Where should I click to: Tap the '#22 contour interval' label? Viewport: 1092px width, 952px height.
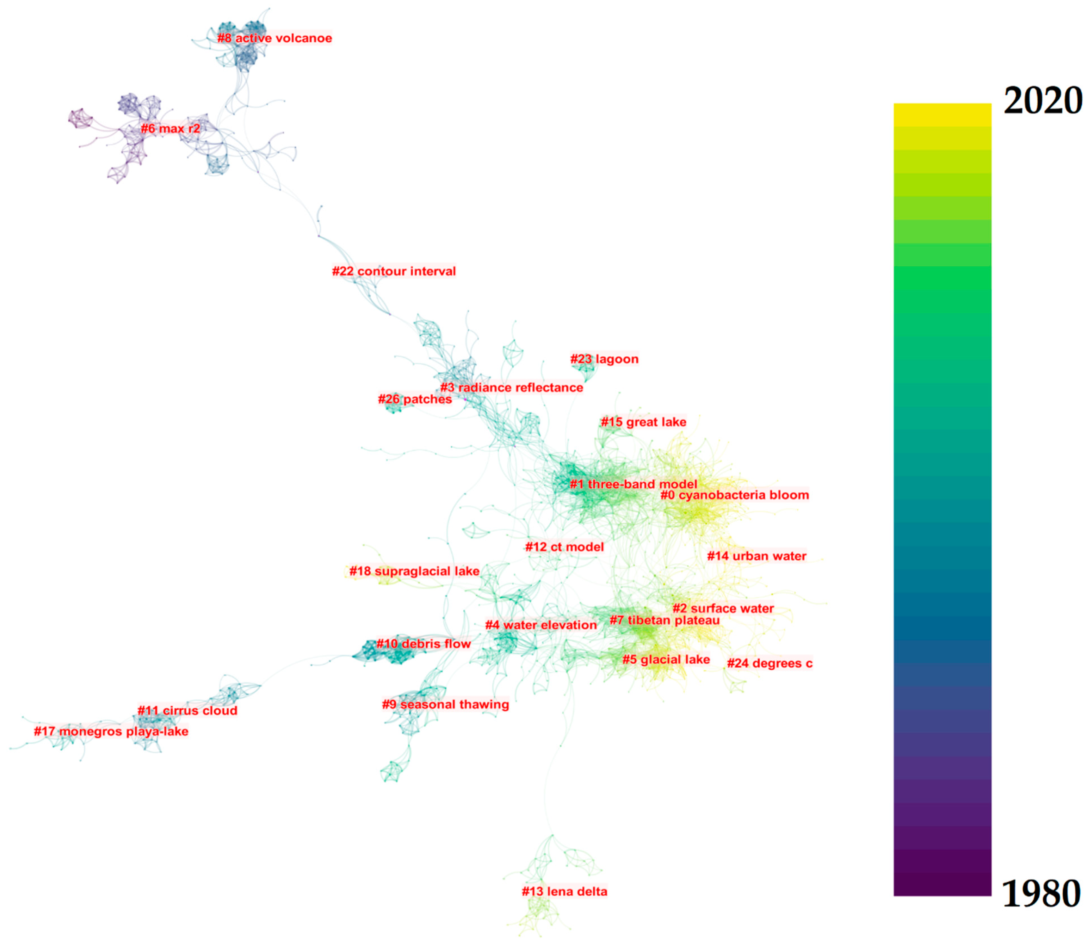[x=394, y=271]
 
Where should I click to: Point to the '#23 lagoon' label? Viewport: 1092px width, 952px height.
[x=604, y=359]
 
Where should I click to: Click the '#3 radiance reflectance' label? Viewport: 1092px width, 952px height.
[x=511, y=388]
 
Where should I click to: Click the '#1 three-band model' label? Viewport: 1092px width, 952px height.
[x=633, y=484]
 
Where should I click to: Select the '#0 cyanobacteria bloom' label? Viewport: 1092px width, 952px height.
[x=734, y=495]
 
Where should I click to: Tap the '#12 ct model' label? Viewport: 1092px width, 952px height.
[x=564, y=547]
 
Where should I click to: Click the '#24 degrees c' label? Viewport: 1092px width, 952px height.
[x=769, y=663]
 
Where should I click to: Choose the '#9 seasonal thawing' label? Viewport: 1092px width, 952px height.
[x=445, y=705]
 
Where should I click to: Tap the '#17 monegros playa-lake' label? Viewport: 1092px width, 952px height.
[x=111, y=732]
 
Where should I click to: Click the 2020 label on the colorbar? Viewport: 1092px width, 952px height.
[x=1042, y=101]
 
